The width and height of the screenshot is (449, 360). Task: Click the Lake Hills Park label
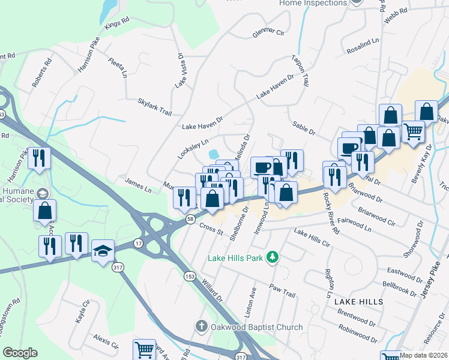237,258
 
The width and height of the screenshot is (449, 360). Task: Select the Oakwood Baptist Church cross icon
202,327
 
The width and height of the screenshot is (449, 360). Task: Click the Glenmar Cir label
268,32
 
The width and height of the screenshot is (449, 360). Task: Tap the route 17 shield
139,243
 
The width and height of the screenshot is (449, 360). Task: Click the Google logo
20,353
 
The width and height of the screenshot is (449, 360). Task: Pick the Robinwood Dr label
357,329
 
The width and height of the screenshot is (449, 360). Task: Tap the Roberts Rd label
43,72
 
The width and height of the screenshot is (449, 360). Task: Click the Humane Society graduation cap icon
42,193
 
